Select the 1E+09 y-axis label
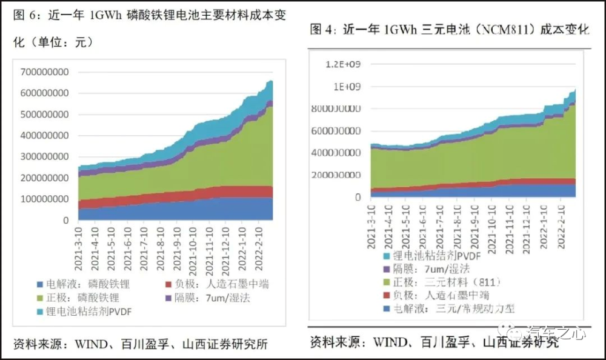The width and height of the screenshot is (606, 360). point(347,87)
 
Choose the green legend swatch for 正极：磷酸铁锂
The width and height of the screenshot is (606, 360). point(41,298)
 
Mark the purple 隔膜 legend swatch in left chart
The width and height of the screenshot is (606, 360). point(169,298)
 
